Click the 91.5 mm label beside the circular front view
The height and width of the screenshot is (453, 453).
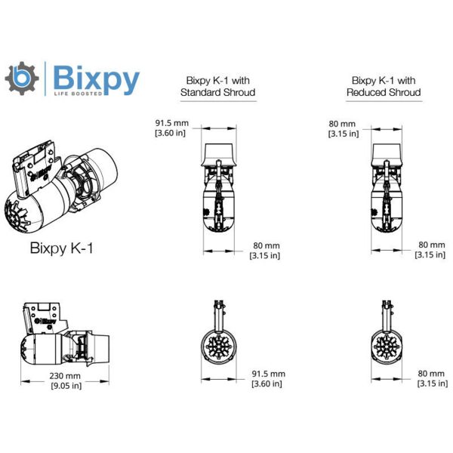[267, 373]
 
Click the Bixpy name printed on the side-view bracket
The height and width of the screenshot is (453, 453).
[48, 321]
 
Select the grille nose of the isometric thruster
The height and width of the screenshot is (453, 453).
[22, 215]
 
